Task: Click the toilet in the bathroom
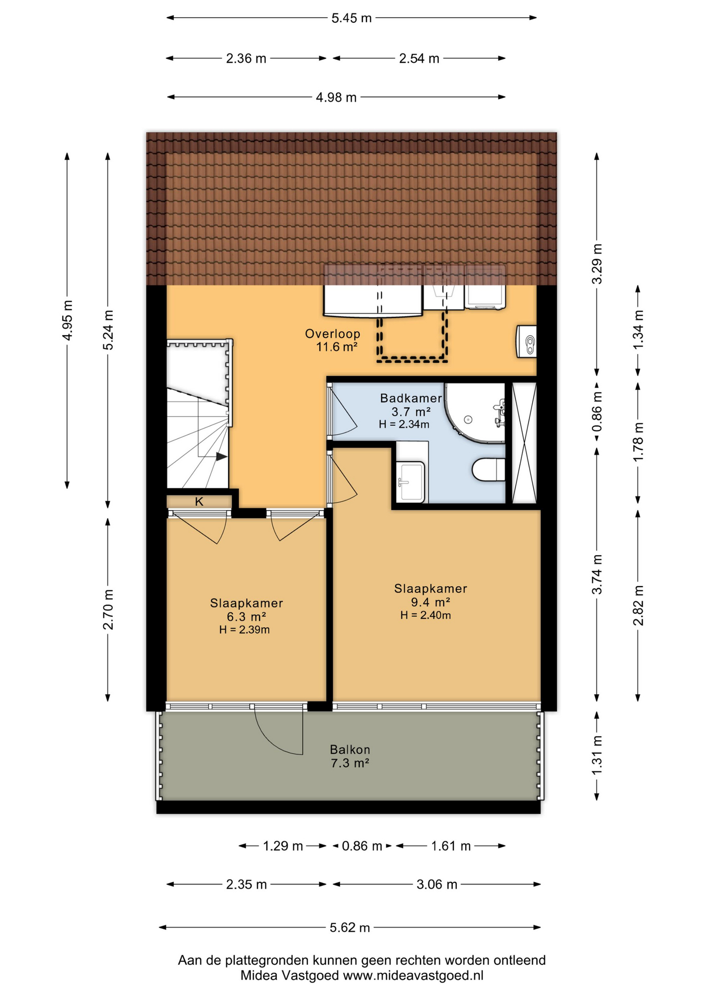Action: click(489, 469)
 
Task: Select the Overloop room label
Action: click(332, 334)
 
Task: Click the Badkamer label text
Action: click(411, 398)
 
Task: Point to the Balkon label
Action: click(350, 750)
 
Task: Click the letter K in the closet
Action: click(199, 502)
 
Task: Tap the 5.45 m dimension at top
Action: click(351, 18)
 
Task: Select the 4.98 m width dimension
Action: click(336, 97)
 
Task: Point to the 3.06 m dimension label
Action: click(437, 884)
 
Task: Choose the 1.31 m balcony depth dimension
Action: click(597, 755)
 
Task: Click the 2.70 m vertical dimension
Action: click(108, 610)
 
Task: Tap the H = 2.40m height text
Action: click(425, 616)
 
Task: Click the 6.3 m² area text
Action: click(246, 617)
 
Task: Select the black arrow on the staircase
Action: click(222, 457)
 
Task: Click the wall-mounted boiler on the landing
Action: click(526, 341)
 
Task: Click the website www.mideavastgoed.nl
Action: click(413, 975)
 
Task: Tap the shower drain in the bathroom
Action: click(468, 420)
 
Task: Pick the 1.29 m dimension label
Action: click(282, 846)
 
